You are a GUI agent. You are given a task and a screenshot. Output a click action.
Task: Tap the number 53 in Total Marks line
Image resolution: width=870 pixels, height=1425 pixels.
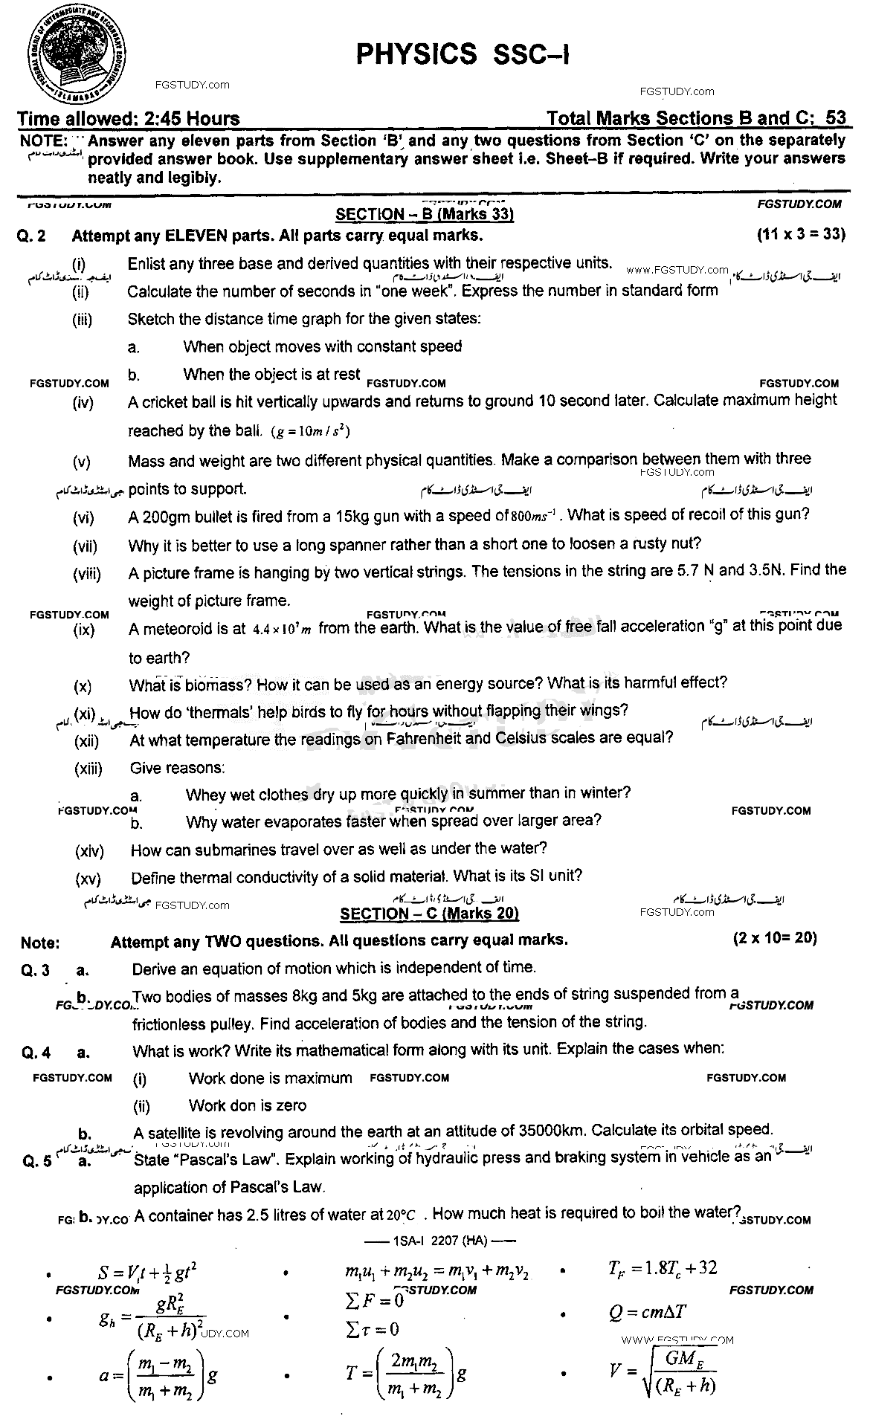coord(835,118)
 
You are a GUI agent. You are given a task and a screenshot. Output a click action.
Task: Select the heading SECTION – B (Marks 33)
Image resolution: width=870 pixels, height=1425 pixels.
coord(425,215)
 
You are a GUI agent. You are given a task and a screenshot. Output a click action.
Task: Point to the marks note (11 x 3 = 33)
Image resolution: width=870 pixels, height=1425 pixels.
coord(801,235)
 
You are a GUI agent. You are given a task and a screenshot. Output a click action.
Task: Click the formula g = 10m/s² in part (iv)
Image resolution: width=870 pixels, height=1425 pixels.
coord(311,431)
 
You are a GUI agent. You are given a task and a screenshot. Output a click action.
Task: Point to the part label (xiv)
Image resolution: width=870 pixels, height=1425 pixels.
coord(89,850)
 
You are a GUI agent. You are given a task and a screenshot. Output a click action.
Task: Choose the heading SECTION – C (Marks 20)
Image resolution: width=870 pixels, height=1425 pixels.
coord(429,914)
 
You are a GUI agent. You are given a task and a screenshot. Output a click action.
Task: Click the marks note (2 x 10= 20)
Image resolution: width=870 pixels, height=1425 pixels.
coord(774,938)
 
